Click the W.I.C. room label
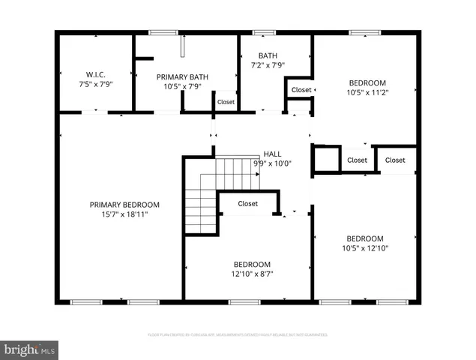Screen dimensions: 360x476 (95, 73)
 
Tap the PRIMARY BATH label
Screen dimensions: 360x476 (181, 76)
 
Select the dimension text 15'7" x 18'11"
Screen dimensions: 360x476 (124, 214)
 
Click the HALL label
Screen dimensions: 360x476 (271, 154)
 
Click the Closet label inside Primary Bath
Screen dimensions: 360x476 (225, 102)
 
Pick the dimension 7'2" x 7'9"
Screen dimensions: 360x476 (268, 66)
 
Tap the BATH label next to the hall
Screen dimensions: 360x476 (268, 55)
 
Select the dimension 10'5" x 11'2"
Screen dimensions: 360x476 (367, 92)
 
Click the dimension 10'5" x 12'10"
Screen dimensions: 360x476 (365, 248)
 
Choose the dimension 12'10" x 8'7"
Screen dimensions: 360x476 (252, 274)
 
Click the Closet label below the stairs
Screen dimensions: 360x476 (247, 203)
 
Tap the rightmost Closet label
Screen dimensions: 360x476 (395, 160)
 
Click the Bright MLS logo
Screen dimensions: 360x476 (30, 349)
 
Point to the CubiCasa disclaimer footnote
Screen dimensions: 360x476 (238, 334)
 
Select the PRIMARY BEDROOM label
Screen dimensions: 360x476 (124, 205)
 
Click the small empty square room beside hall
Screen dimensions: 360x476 (325, 159)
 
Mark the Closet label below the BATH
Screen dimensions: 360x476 (301, 90)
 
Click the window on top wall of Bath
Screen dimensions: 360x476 (262, 32)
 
